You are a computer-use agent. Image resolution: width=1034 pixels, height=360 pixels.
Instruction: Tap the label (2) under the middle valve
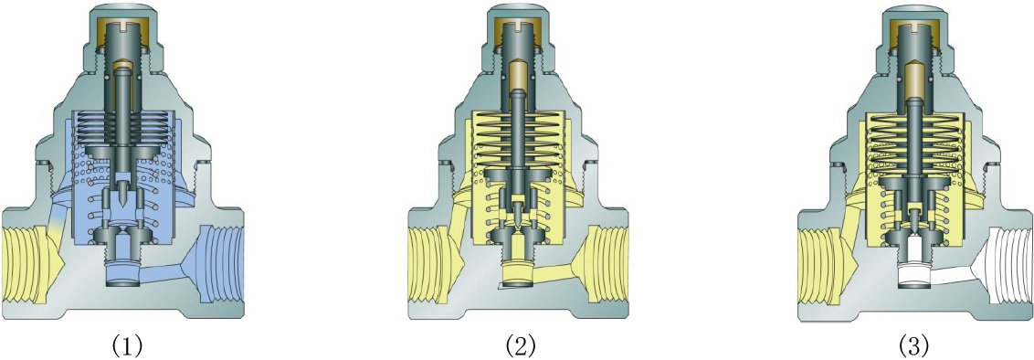(x=521, y=344)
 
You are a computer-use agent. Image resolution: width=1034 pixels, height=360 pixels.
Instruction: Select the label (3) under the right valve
(x=913, y=344)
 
